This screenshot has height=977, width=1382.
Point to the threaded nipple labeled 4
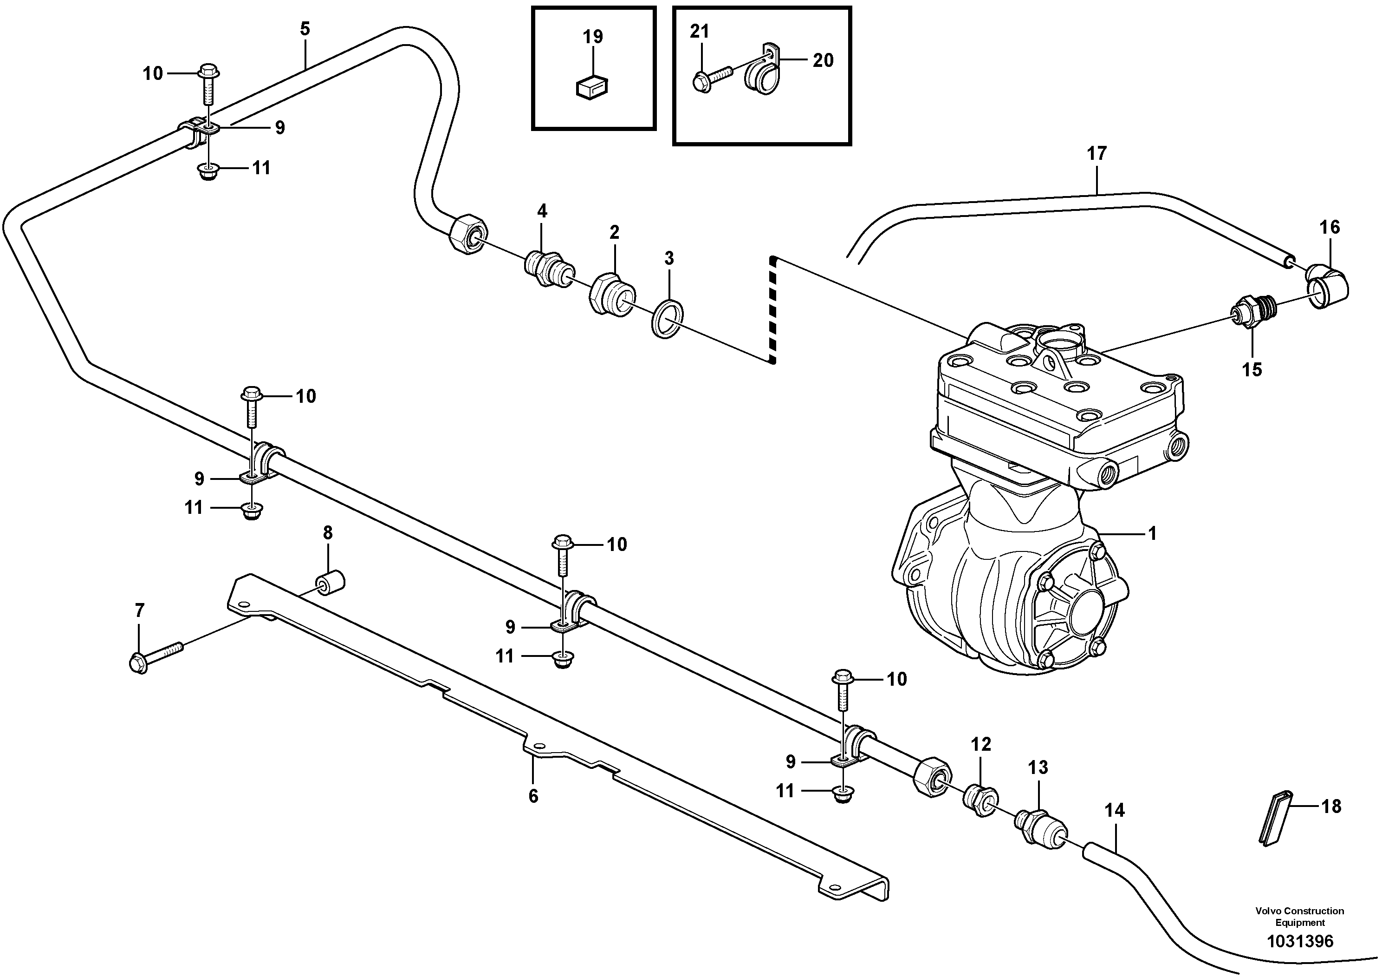[547, 270]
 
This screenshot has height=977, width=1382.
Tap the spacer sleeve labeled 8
[331, 583]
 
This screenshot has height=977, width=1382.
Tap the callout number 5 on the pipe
[305, 29]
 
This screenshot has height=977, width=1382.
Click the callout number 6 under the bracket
[533, 796]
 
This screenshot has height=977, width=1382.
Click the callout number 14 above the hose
[1115, 810]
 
